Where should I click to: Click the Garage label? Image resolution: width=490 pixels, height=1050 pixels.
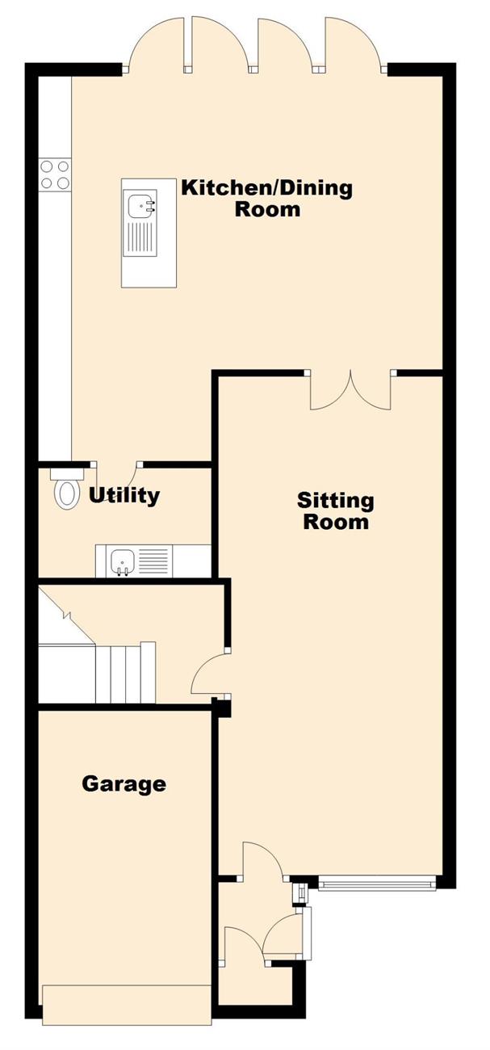[x=124, y=784]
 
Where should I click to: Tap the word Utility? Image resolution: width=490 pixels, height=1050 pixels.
[x=124, y=495]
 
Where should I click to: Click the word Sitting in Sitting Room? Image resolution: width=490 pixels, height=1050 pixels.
[x=335, y=501]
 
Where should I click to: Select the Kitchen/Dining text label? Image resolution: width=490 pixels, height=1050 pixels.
[x=267, y=188]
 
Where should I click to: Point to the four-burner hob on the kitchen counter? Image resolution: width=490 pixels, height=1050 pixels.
[x=55, y=174]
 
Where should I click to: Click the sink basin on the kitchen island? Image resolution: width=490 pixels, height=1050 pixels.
[x=141, y=205]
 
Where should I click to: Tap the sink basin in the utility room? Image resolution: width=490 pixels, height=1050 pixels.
[x=123, y=561]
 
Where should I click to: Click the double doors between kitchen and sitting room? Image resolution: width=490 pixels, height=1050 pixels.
[x=350, y=390]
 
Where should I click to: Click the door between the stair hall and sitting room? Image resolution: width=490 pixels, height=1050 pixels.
[x=210, y=673]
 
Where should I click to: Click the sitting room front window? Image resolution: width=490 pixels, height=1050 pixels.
[x=377, y=884]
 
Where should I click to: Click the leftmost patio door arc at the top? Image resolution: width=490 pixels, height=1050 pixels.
[x=155, y=41]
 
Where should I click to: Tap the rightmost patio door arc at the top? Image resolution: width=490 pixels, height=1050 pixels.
[x=354, y=41]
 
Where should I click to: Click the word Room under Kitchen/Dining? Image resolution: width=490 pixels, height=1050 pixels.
[x=267, y=209]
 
